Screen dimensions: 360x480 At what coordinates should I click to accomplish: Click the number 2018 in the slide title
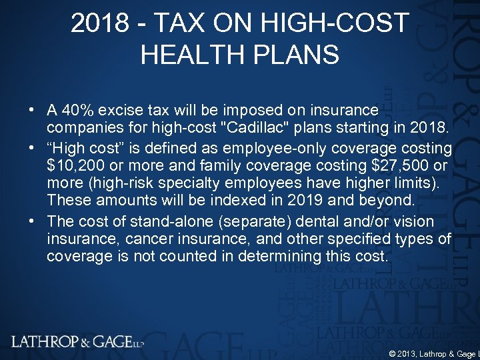99,24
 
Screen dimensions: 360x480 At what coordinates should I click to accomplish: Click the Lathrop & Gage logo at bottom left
77,342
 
